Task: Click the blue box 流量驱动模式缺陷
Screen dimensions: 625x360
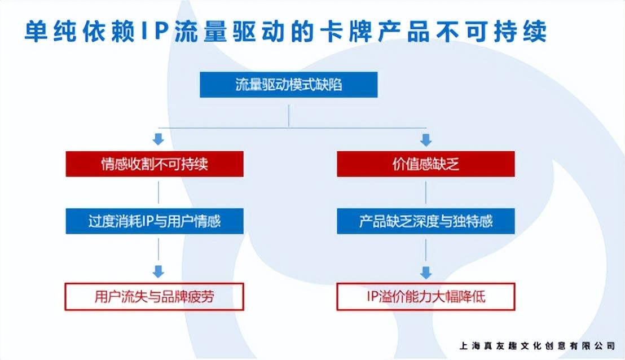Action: point(288,85)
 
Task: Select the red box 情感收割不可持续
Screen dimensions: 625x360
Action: point(155,164)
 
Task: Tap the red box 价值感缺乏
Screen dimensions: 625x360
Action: point(425,164)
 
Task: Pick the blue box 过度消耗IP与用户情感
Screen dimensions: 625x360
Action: point(155,221)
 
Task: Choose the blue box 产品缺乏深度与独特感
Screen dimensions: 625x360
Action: point(425,221)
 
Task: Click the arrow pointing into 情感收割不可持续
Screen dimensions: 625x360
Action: point(159,139)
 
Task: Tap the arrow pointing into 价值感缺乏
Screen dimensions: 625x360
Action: point(426,139)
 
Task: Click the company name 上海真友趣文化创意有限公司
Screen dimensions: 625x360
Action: point(537,345)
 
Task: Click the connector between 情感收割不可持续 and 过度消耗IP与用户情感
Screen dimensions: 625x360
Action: point(159,192)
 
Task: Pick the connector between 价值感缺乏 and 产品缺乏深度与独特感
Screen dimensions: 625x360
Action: point(426,192)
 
